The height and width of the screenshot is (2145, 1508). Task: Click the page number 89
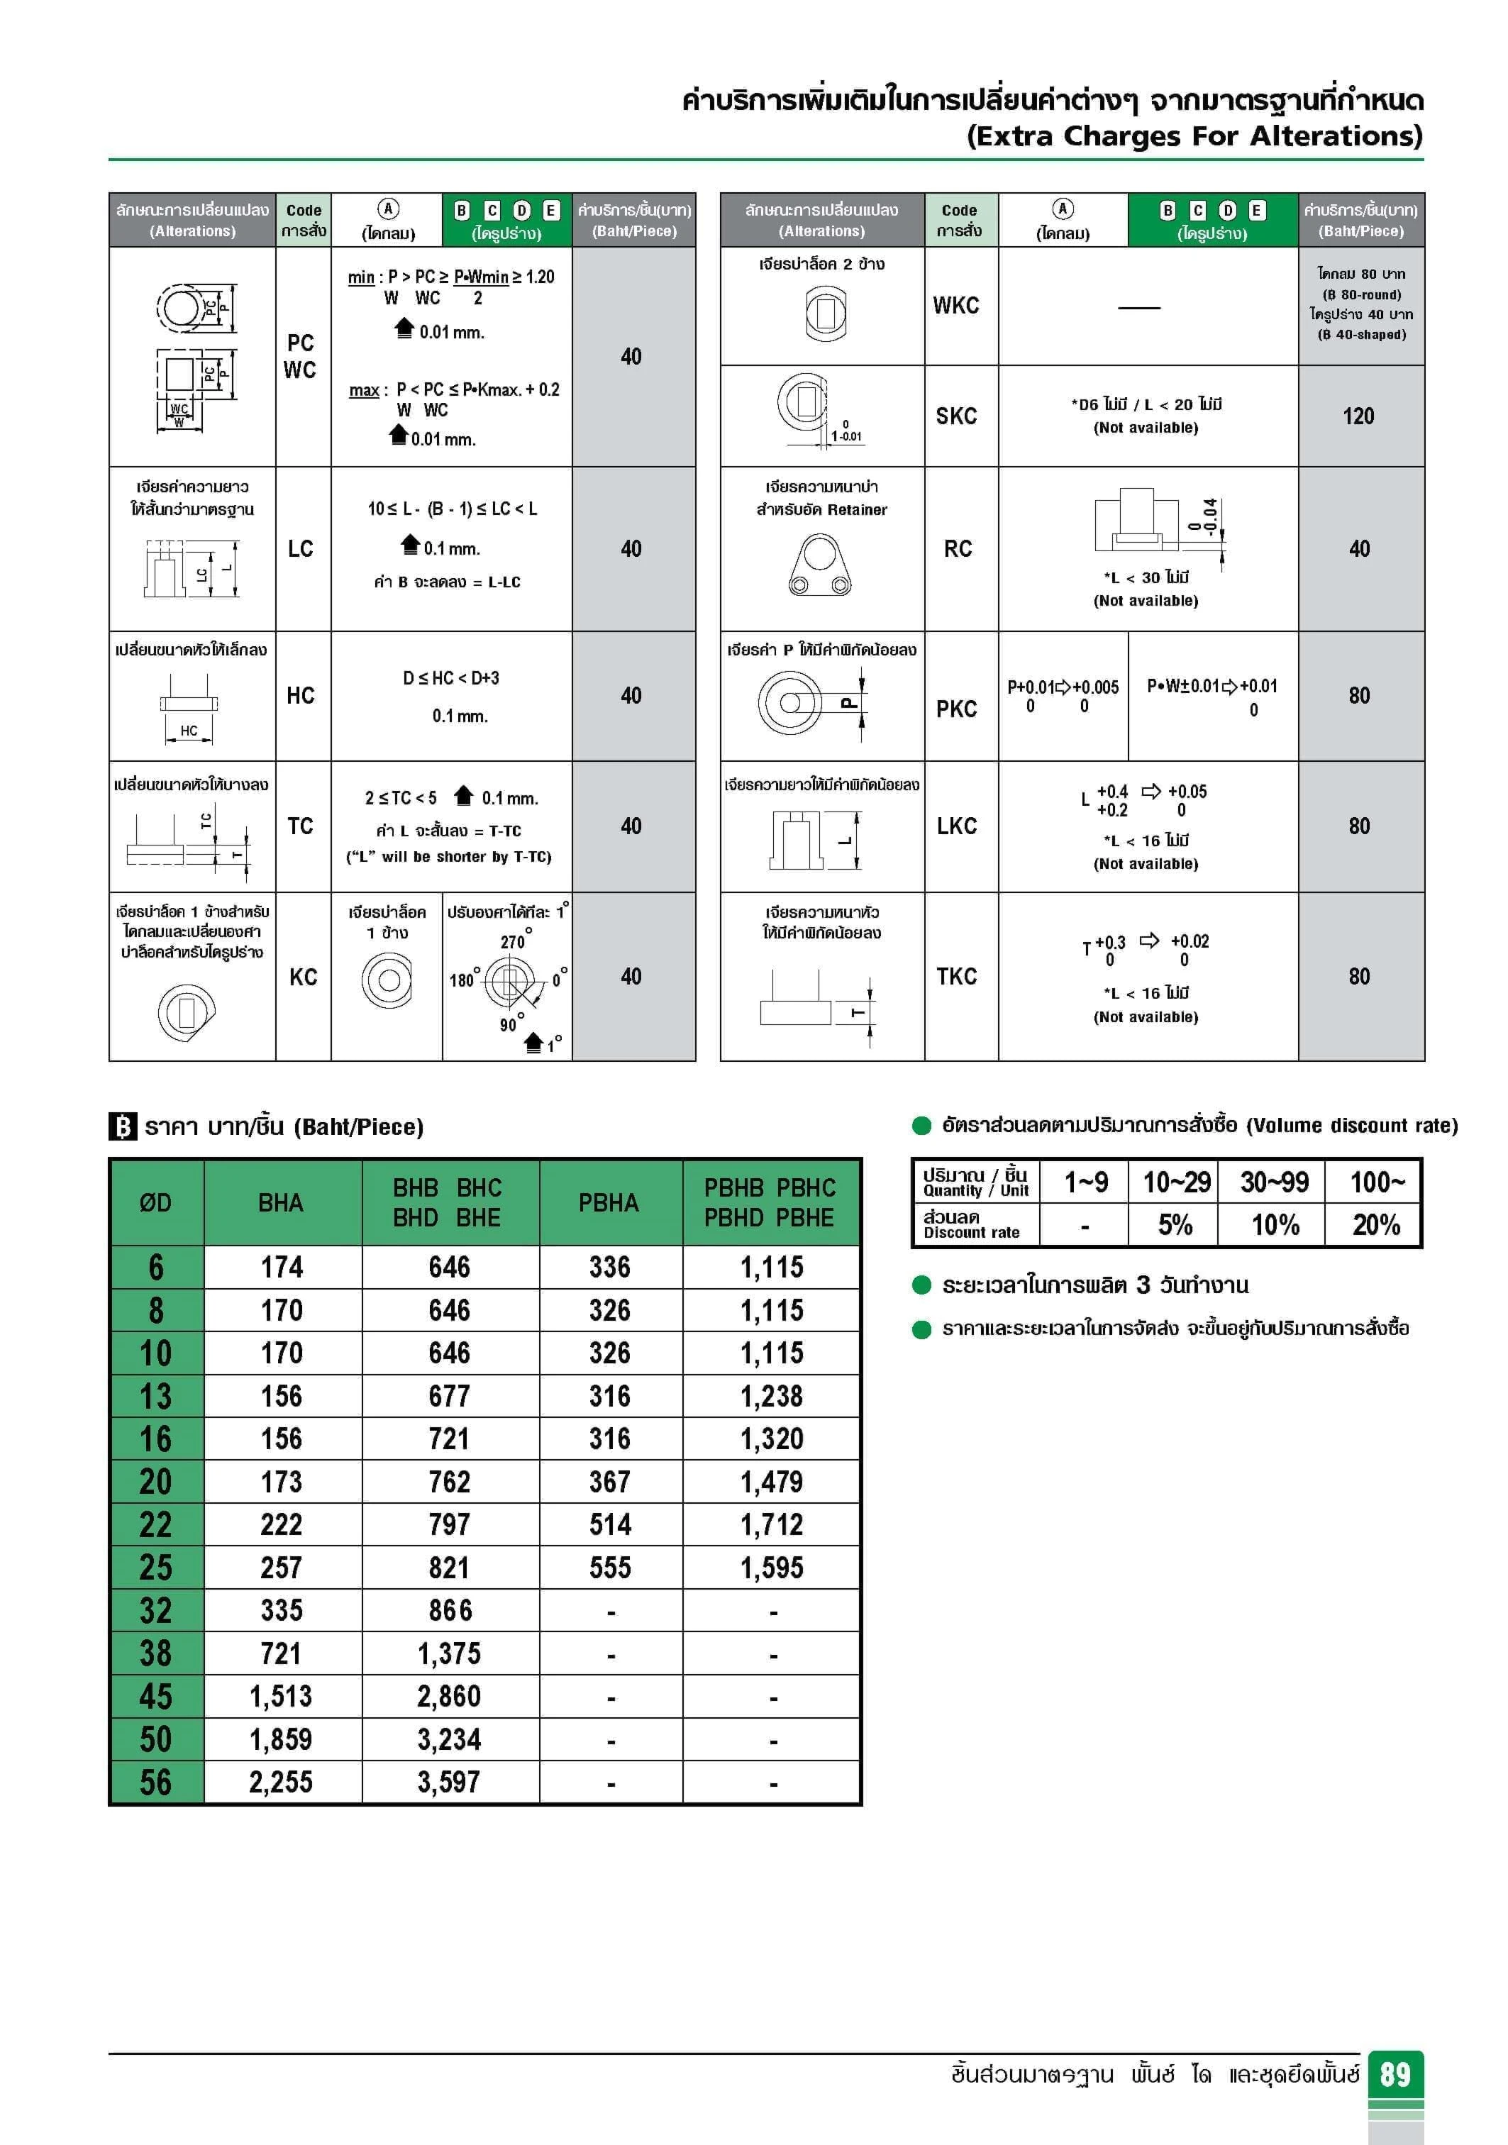[x=1395, y=2074]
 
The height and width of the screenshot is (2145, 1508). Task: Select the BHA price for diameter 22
[x=281, y=1524]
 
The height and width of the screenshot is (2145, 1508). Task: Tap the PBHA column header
[x=609, y=1202]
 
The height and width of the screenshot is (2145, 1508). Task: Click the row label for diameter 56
[x=156, y=1782]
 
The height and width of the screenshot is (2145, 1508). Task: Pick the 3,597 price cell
[x=450, y=1782]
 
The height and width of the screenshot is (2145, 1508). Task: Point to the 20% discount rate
[x=1375, y=1225]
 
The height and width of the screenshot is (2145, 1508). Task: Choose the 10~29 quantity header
[x=1176, y=1182]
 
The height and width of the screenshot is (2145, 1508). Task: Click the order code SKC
[x=957, y=416]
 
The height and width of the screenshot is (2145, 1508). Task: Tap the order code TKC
[x=957, y=976]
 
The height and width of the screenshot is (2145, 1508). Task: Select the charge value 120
[x=1358, y=416]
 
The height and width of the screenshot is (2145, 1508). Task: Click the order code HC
[x=300, y=695]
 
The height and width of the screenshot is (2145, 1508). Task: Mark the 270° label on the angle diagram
[x=514, y=942]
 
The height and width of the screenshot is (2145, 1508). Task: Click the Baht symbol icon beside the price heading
[x=123, y=1126]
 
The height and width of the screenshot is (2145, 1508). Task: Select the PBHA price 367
[x=609, y=1482]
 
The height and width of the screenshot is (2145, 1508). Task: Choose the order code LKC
[x=957, y=826]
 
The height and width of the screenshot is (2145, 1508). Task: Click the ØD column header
[x=156, y=1202]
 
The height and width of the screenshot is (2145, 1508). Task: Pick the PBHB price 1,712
[x=772, y=1524]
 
